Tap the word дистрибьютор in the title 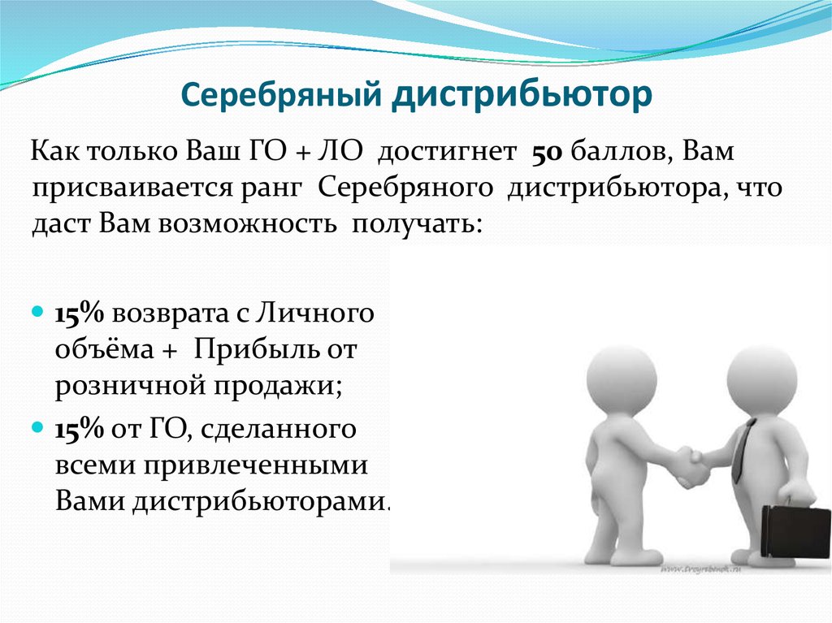[x=522, y=96]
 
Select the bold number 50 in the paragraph [x=547, y=153]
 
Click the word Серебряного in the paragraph [x=406, y=188]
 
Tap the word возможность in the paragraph [x=247, y=224]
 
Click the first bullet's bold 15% [x=80, y=314]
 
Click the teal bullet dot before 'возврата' [x=37, y=310]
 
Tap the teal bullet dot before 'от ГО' [x=37, y=426]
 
